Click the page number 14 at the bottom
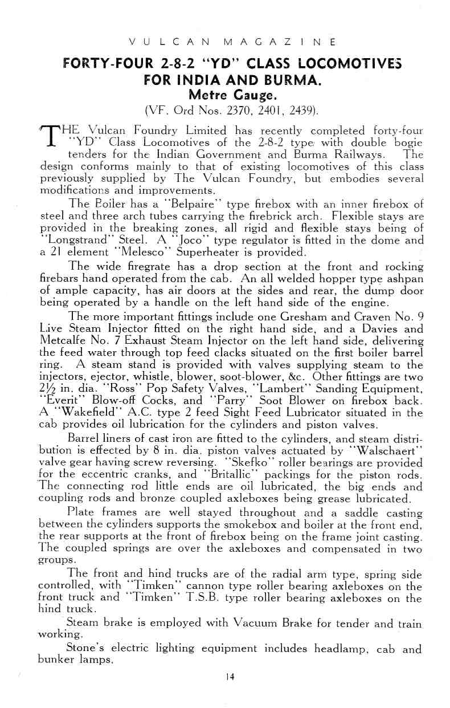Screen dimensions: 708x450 [230, 677]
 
